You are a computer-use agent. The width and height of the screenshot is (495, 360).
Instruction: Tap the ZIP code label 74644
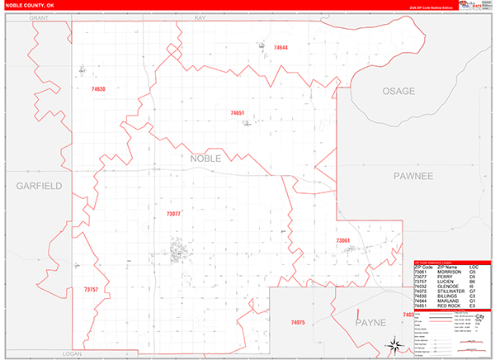280,49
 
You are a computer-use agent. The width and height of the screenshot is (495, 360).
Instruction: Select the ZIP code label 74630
98,88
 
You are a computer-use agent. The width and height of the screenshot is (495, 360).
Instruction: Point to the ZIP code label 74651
238,112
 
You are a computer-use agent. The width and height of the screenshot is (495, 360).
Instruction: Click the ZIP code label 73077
173,214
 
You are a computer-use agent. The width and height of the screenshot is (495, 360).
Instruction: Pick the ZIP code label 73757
91,290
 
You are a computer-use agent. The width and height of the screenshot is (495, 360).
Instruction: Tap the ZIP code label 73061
343,240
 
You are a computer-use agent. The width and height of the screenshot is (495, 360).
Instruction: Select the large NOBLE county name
206,158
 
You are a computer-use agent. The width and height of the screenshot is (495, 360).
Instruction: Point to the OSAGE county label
398,91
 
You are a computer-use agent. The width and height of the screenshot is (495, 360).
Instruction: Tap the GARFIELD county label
39,186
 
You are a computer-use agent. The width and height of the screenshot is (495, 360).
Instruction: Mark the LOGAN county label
73,353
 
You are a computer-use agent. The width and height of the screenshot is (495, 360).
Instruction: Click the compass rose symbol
395,345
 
